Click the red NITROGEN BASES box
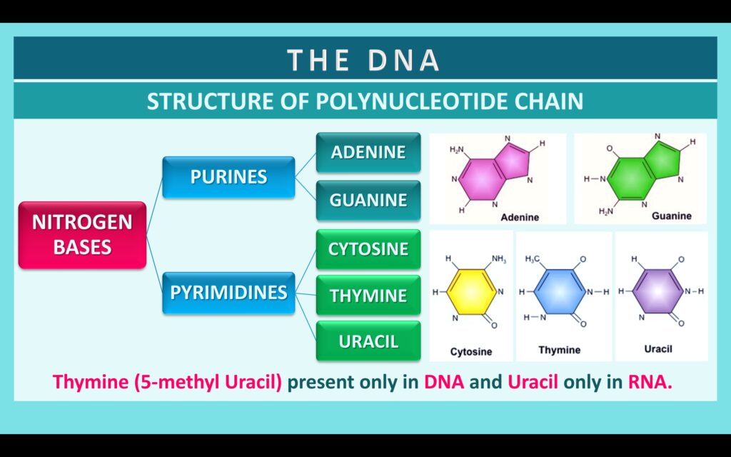(82, 235)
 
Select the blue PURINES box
(228, 177)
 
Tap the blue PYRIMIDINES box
(228, 292)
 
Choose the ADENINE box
(368, 152)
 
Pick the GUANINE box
(368, 201)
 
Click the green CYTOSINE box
(368, 249)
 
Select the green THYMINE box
(368, 295)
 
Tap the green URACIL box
(368, 341)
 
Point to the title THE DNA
(364, 61)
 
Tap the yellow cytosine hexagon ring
(471, 291)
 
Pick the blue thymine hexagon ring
(562, 291)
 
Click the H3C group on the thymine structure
(533, 259)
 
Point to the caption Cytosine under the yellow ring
(470, 352)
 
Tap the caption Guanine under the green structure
(671, 215)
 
